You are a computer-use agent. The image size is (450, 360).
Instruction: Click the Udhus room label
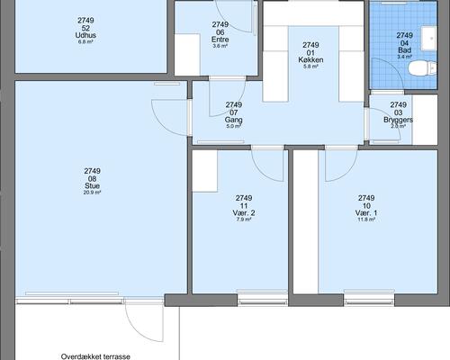coord(85,34)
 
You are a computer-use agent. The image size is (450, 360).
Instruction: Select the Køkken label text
coord(310,59)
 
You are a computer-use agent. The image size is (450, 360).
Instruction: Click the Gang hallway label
coord(234,120)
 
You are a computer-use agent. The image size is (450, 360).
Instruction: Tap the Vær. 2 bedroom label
coord(244,212)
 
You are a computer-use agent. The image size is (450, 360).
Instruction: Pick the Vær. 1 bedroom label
coord(366,212)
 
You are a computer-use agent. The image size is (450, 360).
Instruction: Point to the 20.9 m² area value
coord(92,193)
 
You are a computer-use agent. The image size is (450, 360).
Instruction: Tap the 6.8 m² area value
coord(85,41)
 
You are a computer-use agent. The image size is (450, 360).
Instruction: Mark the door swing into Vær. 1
coord(339,162)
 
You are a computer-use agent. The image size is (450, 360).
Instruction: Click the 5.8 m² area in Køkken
coord(310,67)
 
